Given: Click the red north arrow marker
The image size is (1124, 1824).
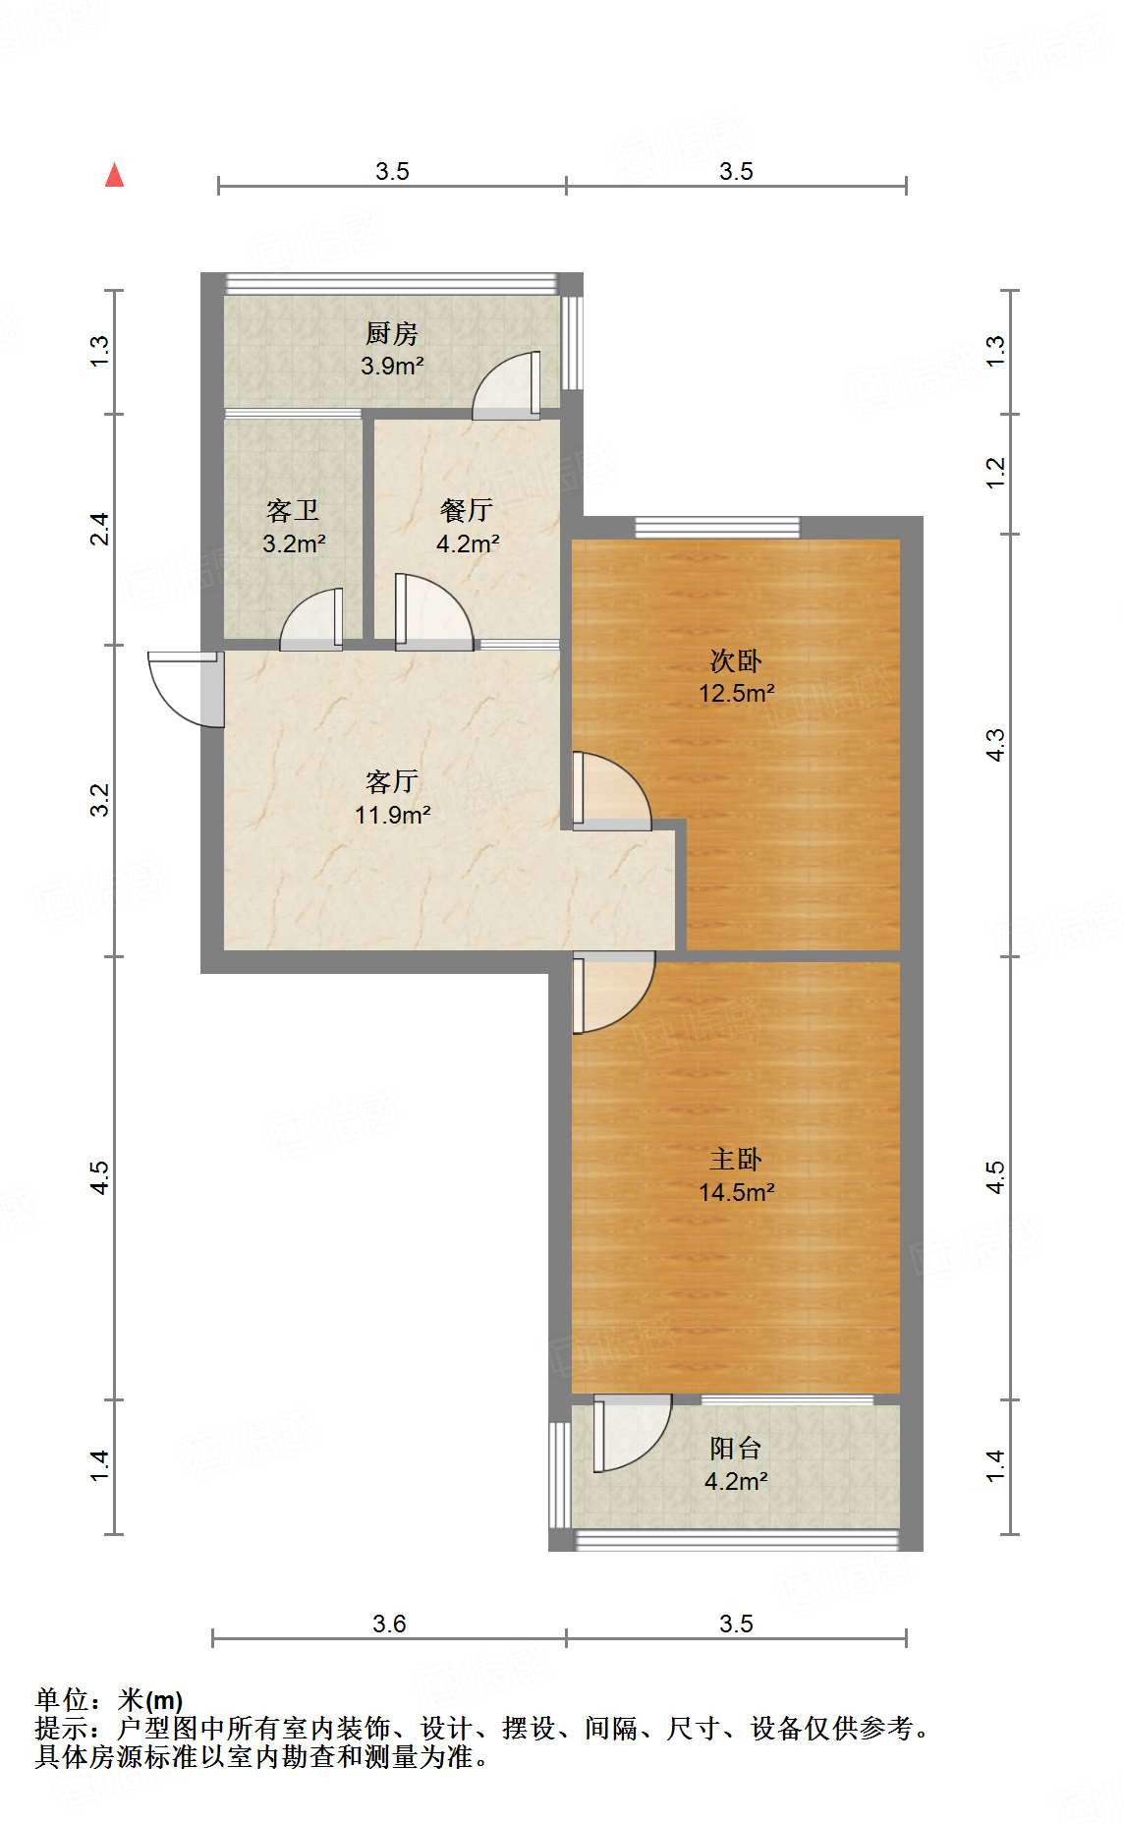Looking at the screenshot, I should (115, 175).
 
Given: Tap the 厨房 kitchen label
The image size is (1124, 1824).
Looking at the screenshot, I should (392, 334).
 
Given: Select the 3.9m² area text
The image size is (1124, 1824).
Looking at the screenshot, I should (392, 367).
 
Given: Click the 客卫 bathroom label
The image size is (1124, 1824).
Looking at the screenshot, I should (293, 511).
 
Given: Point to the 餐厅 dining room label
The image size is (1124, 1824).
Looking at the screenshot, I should (467, 511).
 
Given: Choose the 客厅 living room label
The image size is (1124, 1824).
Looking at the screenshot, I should (392, 782).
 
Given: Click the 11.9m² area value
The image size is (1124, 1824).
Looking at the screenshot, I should (393, 815).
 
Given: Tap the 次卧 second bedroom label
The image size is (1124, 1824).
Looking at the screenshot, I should (736, 660).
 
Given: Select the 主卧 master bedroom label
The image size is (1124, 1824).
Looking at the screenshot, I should (736, 1160).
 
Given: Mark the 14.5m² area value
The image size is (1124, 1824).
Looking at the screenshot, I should (736, 1192).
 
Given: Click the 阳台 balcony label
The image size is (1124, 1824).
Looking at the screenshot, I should (736, 1449).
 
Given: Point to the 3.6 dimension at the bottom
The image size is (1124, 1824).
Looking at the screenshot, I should (389, 1624).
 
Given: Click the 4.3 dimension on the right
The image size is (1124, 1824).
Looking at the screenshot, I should (995, 744).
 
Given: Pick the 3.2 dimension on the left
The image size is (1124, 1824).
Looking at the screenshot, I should (99, 800).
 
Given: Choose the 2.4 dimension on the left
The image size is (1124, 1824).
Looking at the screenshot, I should (99, 530).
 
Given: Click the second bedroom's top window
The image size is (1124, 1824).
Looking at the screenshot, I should (717, 527).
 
